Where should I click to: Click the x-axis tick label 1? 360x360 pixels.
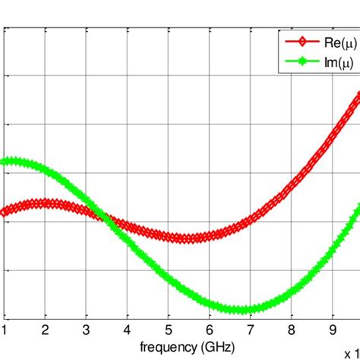[x=5, y=330]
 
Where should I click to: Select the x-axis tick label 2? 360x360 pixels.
[x=46, y=330]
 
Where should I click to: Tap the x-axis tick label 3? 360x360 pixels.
[x=87, y=330]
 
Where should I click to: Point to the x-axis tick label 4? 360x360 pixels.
[x=128, y=330]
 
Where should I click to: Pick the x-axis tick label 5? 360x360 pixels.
[x=169, y=330]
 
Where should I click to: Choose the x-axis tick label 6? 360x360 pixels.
[x=210, y=330]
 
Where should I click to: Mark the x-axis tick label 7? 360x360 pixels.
[x=251, y=330]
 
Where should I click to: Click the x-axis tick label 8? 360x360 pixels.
[x=293, y=330]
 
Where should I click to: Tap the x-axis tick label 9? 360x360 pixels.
[x=334, y=330]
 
